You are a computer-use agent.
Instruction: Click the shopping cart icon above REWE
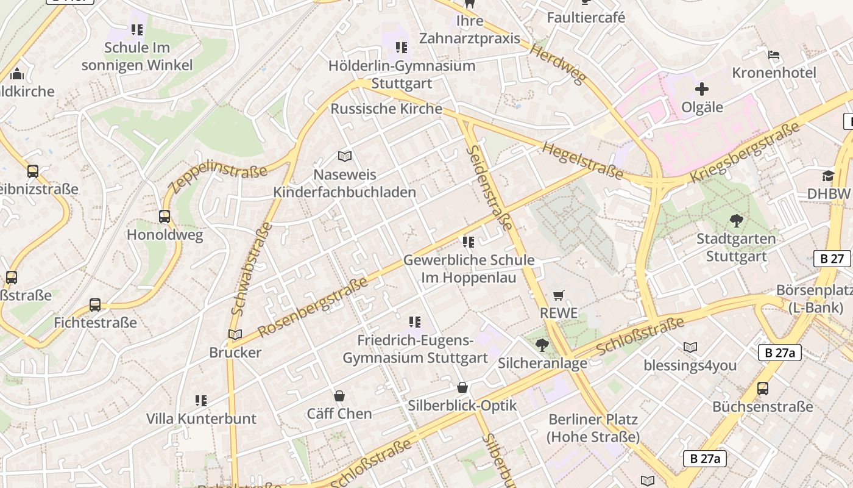559,296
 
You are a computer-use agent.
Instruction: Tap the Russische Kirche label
386,109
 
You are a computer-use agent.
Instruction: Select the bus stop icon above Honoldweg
165,217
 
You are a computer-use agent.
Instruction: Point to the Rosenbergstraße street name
313,307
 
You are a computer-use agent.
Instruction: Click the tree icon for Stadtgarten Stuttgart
736,221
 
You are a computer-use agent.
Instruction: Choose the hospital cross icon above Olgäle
702,90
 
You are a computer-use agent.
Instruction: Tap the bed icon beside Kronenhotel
773,55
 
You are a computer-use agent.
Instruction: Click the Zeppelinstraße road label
218,176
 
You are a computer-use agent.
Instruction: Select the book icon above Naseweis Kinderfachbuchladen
345,157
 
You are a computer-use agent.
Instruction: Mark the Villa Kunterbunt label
201,419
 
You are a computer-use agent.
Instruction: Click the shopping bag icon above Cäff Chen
339,396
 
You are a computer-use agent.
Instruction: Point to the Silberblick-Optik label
462,406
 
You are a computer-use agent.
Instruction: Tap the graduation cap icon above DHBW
828,176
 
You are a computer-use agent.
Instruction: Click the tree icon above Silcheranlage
542,346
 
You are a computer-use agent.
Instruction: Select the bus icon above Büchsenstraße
762,389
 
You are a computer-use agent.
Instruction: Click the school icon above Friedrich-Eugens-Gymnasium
415,322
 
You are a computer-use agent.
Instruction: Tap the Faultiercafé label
586,18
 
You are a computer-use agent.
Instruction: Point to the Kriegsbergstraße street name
745,152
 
